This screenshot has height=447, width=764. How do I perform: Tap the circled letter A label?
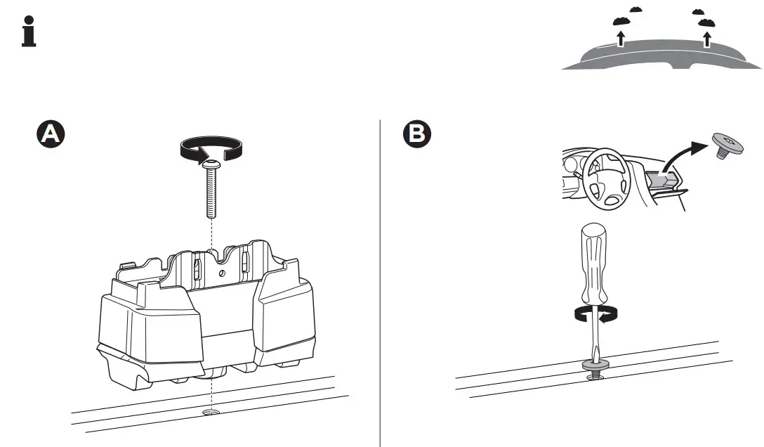pos(51,134)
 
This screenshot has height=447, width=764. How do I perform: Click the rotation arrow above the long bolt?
pos(211,147)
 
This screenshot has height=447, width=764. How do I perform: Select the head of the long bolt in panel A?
pos(212,165)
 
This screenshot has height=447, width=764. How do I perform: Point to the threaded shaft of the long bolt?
pos(212,193)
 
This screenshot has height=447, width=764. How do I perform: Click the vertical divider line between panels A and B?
pos(380,281)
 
